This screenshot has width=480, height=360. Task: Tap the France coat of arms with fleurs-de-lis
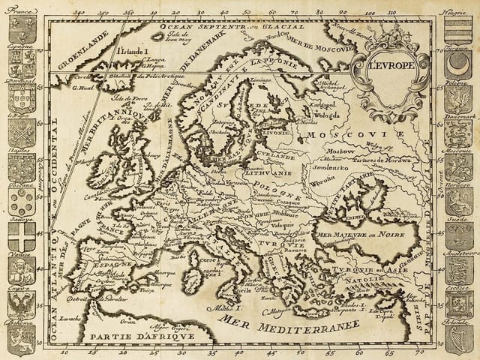22,28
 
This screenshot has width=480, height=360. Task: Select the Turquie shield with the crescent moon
457,63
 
